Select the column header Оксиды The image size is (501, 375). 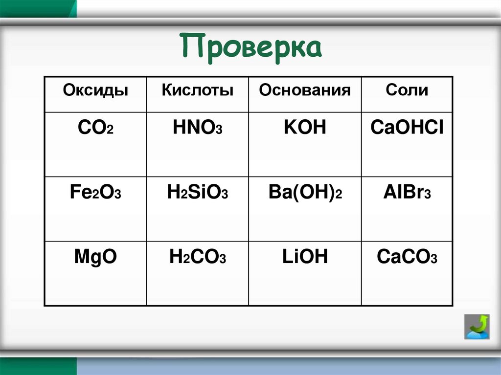[95, 90]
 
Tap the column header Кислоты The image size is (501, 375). [197, 90]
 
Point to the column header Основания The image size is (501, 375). [305, 90]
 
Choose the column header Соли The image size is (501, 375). [407, 90]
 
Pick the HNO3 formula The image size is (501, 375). [197, 129]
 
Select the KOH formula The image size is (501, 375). [304, 128]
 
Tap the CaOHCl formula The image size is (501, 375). [407, 128]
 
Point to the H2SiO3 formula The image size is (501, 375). [197, 193]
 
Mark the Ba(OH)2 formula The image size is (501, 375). [305, 193]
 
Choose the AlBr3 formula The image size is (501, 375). [407, 193]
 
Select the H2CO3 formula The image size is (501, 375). [197, 258]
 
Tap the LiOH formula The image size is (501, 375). [304, 257]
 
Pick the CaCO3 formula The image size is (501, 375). [407, 258]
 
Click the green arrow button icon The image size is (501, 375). [477, 327]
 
